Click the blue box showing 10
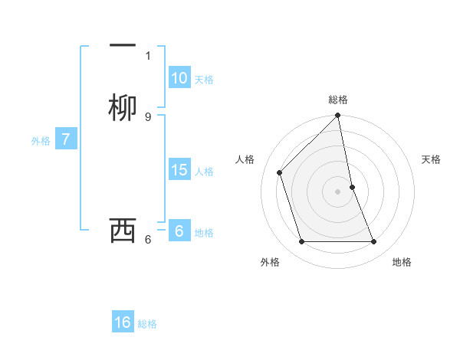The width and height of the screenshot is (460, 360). point(179,78)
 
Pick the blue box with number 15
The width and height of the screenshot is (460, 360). point(179,170)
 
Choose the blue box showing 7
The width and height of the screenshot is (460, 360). point(66,139)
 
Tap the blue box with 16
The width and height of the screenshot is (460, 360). point(123,322)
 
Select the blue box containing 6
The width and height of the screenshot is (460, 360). point(179,231)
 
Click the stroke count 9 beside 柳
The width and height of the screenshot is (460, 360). point(148,116)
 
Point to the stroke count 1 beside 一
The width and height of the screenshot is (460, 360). point(148,55)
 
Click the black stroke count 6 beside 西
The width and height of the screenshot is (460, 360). point(148,239)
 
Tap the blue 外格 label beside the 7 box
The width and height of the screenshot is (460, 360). point(40,141)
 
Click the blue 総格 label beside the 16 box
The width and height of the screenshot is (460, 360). point(147,324)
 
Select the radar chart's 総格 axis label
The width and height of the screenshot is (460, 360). point(338,100)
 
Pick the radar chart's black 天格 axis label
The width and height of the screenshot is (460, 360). point(432,159)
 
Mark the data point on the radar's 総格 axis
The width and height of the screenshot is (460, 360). point(338,116)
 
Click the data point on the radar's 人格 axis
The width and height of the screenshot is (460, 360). point(280,172)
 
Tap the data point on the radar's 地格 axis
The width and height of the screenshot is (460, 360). point(374,242)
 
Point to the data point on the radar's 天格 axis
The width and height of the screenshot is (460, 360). point(352,187)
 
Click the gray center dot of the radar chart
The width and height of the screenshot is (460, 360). point(338,191)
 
